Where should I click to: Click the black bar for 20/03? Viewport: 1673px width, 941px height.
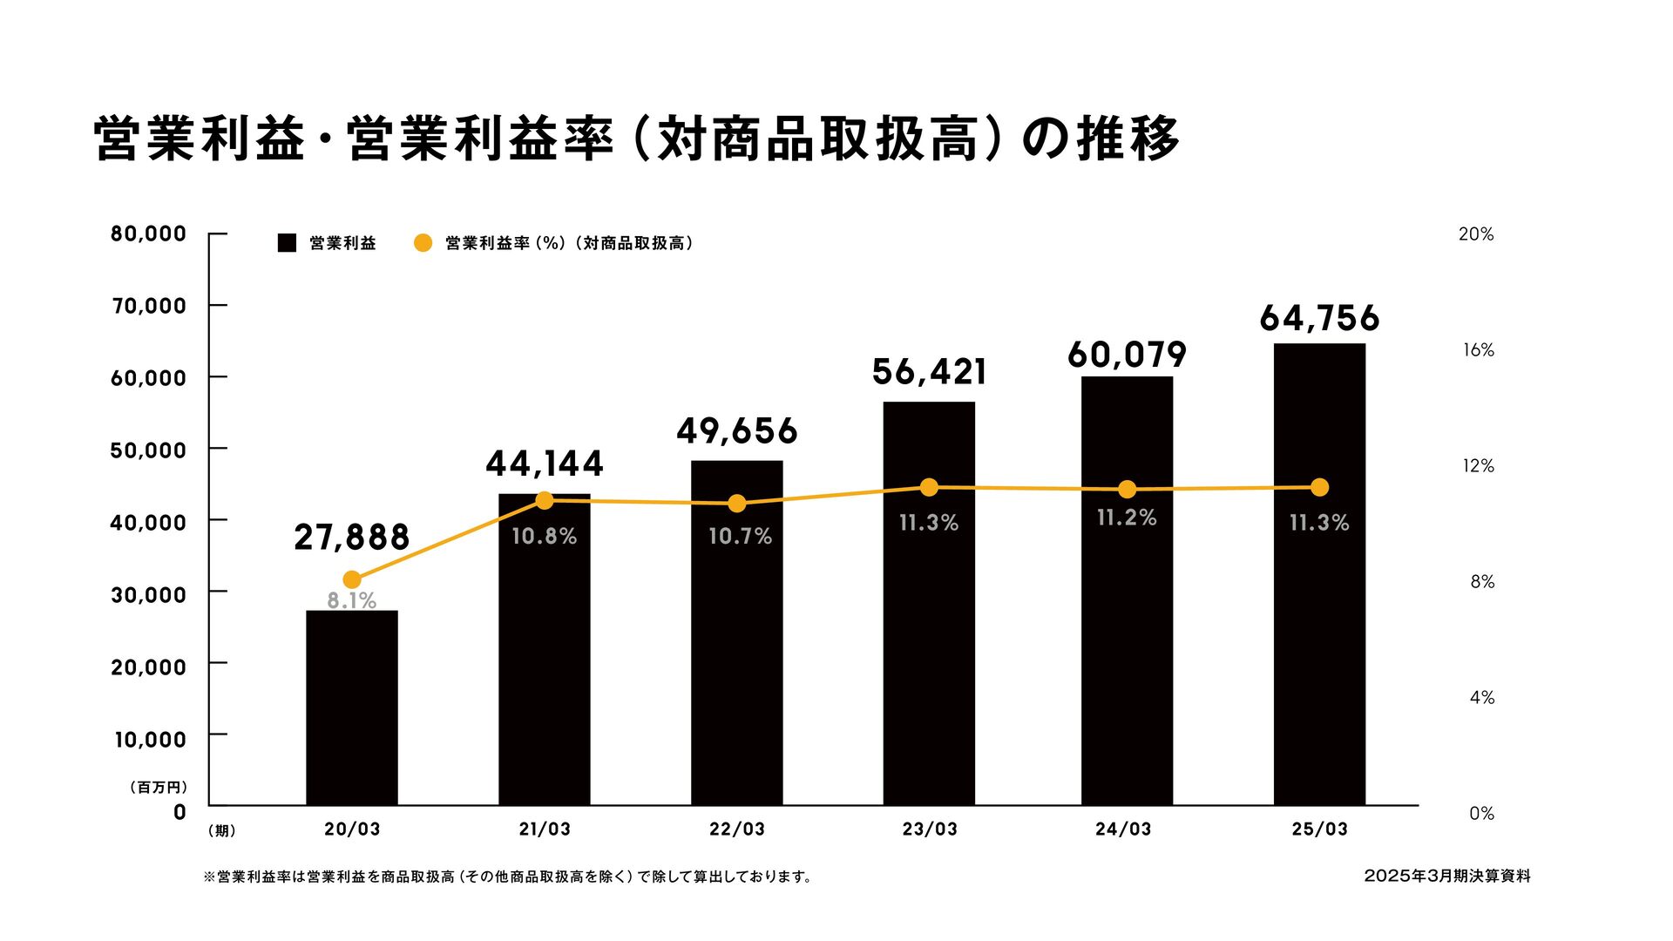352,707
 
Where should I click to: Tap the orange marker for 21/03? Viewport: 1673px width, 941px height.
545,500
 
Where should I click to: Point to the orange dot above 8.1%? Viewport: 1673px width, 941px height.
352,579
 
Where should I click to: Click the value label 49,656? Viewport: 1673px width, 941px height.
737,431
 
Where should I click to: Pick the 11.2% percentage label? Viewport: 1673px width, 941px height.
1127,518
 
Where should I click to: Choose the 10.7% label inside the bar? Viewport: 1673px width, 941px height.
740,536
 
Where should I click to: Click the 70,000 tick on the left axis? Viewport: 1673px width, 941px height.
149,306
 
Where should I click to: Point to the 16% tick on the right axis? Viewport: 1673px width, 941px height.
1478,350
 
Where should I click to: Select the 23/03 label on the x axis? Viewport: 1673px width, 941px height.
930,829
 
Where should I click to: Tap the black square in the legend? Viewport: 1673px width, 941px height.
287,243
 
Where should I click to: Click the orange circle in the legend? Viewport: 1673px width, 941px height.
423,243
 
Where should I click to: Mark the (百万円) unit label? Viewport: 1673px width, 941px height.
159,787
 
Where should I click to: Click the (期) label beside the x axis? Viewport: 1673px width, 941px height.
222,831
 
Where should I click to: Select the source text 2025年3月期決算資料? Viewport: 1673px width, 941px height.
1446,876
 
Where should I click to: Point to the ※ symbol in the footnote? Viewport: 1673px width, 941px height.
209,877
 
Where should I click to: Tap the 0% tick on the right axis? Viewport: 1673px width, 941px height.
1481,814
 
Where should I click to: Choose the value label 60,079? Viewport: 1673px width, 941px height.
1127,355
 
